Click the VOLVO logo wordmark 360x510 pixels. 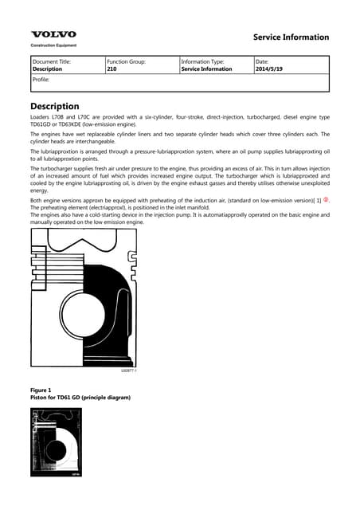(x=53, y=34)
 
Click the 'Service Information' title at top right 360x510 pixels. (x=290, y=37)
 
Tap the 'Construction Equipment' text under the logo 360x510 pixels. (x=53, y=45)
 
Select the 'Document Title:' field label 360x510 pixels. (x=52, y=61)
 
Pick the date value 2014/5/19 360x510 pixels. (x=269, y=69)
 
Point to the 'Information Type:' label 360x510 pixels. (x=204, y=61)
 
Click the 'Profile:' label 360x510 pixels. (x=41, y=80)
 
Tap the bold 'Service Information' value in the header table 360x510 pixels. (x=207, y=69)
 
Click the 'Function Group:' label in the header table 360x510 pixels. (x=126, y=61)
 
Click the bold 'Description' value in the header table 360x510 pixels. (x=49, y=69)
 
